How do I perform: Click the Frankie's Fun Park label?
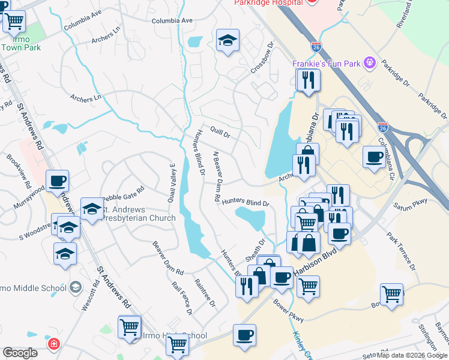[x=327, y=63]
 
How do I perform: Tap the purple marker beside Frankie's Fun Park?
[x=369, y=62]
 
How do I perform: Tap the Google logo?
[x=20, y=353]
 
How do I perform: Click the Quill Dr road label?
[x=220, y=131]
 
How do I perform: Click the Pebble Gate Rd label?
[x=123, y=194]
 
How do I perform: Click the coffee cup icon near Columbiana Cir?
[x=375, y=158]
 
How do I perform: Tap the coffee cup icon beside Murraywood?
[x=57, y=181]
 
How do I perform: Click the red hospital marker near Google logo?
[x=53, y=344]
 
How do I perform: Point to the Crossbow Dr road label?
[x=262, y=58]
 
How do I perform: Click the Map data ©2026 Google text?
[x=412, y=355]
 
